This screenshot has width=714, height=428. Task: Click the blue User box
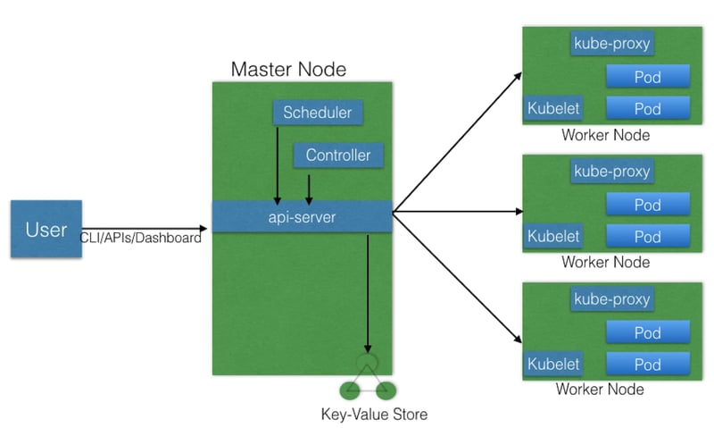click(x=46, y=230)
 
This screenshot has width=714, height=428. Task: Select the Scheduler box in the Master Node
click(x=317, y=113)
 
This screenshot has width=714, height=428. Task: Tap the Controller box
click(x=337, y=155)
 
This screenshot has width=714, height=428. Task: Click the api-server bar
click(x=302, y=216)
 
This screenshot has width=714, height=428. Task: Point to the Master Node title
click(x=288, y=69)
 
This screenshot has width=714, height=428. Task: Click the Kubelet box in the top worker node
click(x=553, y=108)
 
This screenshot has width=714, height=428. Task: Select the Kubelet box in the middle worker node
click(x=553, y=237)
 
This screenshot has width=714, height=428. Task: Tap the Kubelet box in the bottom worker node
click(x=553, y=365)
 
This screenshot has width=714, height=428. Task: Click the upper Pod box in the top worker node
click(x=647, y=77)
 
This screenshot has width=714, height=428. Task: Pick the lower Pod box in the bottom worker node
click(x=647, y=365)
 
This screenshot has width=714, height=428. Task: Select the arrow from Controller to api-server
click(x=309, y=186)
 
